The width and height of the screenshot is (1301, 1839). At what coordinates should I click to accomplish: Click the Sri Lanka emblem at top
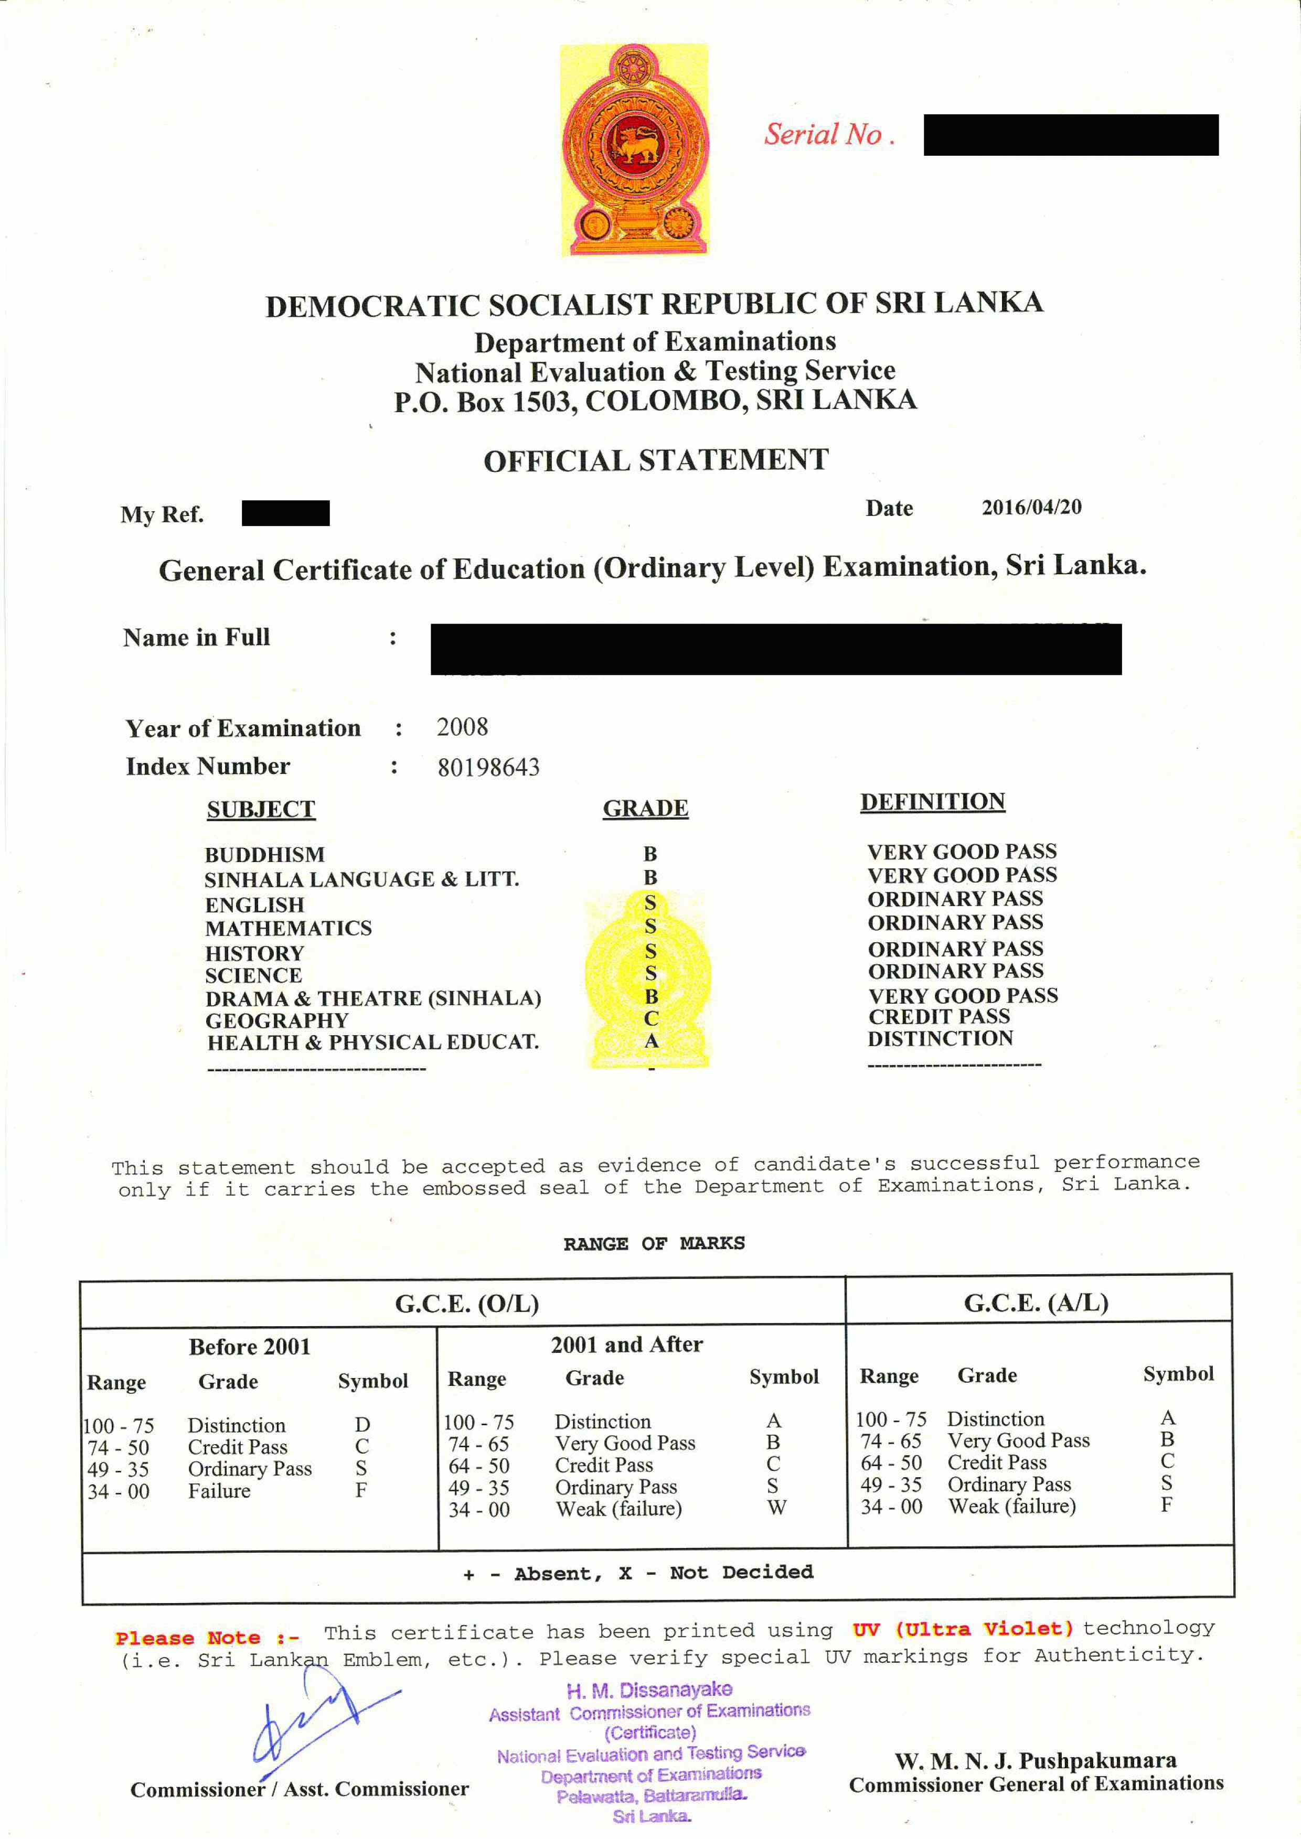(x=634, y=150)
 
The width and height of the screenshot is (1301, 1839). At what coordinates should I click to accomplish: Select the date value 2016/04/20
(x=1031, y=507)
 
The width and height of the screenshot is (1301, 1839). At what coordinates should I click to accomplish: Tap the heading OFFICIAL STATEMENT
(x=655, y=460)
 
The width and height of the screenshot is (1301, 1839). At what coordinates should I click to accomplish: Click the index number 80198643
(x=488, y=767)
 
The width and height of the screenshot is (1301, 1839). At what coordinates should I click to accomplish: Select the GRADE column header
(x=645, y=808)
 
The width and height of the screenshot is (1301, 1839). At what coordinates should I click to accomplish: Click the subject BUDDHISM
(x=264, y=855)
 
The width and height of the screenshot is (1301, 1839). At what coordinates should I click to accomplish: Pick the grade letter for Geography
(x=650, y=1018)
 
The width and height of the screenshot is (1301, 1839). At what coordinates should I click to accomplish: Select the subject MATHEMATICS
(x=289, y=928)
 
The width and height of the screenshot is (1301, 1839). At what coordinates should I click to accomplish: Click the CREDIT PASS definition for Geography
(x=939, y=1016)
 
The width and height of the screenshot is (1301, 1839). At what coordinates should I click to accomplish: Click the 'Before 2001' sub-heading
(x=249, y=1347)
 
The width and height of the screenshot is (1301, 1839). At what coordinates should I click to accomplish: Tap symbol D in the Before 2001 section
(x=362, y=1425)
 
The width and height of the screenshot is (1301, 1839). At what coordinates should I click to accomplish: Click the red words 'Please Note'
(x=187, y=1638)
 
